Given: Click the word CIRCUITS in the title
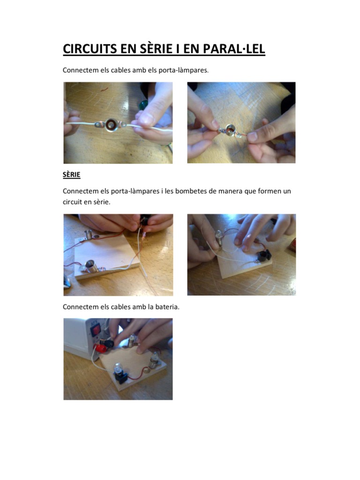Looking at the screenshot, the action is [x=90, y=49].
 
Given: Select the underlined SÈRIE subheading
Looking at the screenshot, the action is [x=71, y=175].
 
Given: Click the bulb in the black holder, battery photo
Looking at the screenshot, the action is [x=118, y=367].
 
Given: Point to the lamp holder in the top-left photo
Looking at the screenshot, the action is [x=110, y=124].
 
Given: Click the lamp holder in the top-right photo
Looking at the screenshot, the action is [x=230, y=131].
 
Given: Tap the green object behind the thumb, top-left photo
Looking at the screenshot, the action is [x=143, y=105].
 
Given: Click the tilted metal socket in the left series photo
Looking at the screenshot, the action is [x=91, y=266].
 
